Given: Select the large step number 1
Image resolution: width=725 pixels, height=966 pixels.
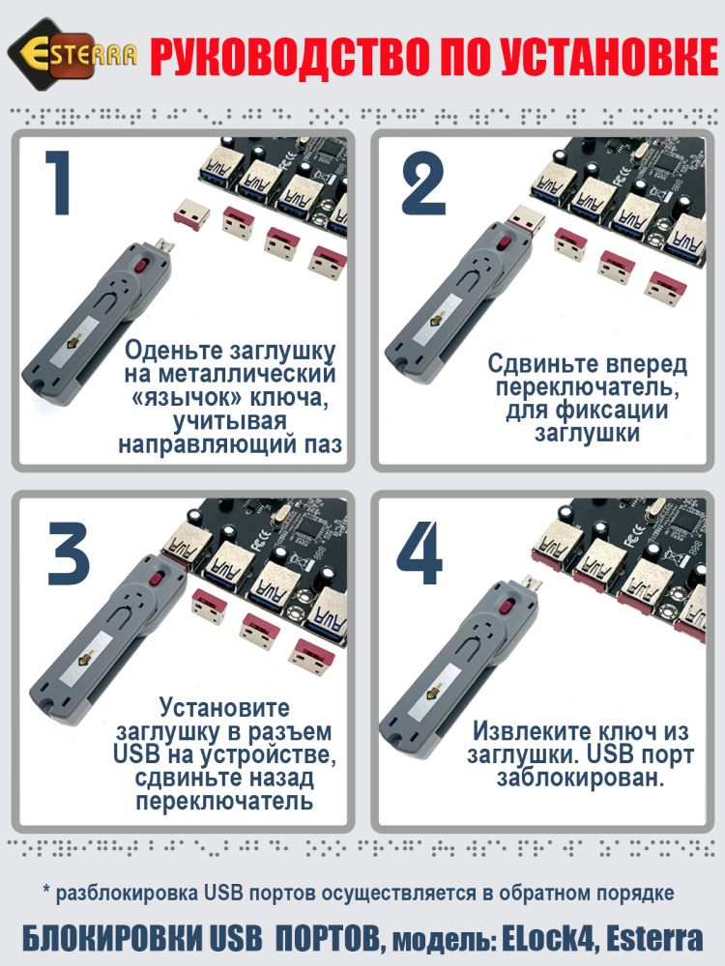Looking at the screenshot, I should point(58,184).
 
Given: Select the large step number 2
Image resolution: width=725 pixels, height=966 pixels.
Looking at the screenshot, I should point(422,184).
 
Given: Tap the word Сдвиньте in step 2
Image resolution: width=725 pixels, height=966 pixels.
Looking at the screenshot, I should point(546,364).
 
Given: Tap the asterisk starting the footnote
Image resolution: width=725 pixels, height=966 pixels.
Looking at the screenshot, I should point(45,891).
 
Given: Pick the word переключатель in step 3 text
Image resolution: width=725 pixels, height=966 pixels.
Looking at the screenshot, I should point(224,802).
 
